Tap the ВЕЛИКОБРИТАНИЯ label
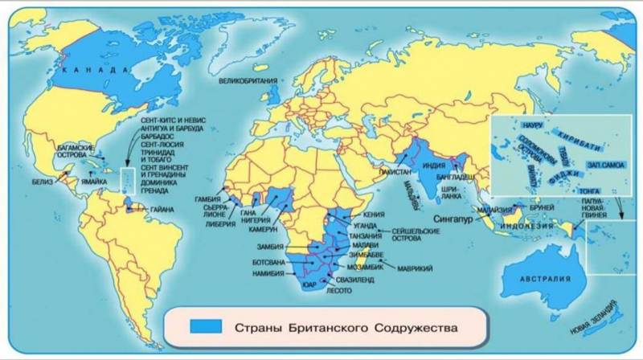pyautogui.click(x=249, y=81)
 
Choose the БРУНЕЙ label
pyautogui.click(x=540, y=205)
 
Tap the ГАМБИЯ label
pyautogui.click(x=208, y=198)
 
